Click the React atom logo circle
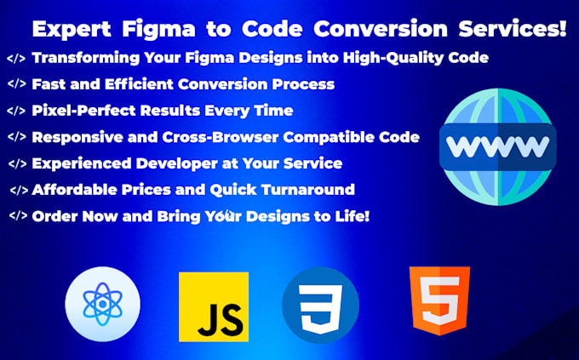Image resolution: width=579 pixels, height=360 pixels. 102,304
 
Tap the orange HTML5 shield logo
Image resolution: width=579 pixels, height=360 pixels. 439,300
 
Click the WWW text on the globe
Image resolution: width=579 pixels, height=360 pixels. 498,146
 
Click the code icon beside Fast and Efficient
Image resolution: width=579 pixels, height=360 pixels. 15,84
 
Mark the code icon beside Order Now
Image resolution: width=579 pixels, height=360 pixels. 18,216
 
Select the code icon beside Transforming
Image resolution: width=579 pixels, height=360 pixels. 15,59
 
